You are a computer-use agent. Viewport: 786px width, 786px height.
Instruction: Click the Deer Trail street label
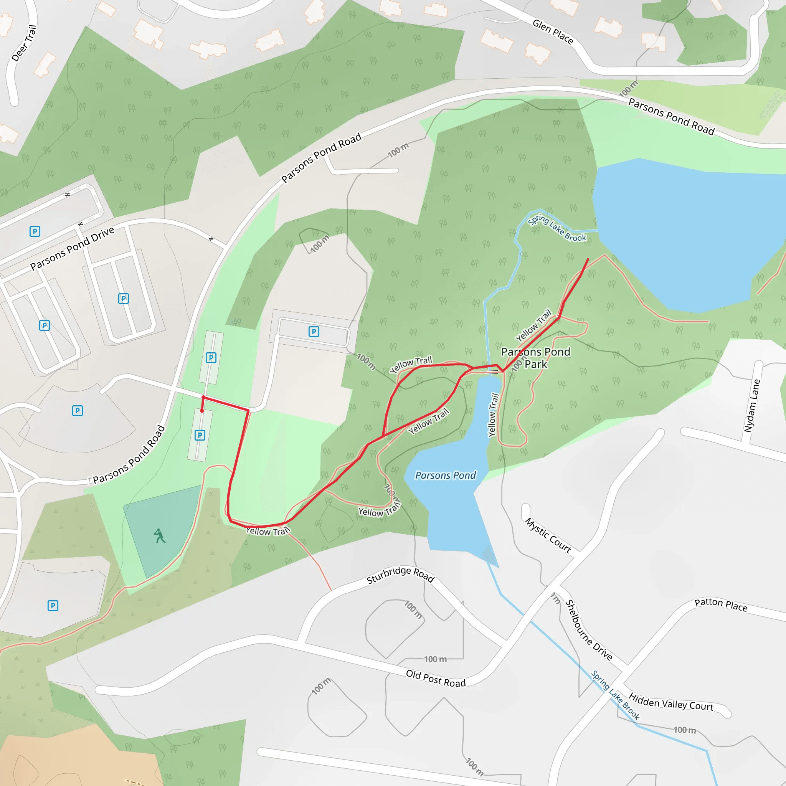click(x=24, y=43)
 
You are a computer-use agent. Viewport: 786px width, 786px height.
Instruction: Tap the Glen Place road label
click(x=553, y=32)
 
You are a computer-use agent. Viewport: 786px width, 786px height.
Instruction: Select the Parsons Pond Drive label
click(x=73, y=248)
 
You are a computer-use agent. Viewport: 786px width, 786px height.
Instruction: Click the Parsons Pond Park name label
click(x=535, y=358)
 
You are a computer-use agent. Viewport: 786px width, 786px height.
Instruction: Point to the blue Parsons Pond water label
click(x=445, y=475)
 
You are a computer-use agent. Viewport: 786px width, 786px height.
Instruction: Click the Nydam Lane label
click(x=751, y=406)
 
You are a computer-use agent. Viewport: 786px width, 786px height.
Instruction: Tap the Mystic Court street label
click(x=548, y=535)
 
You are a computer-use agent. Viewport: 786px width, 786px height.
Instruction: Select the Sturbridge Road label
click(x=400, y=575)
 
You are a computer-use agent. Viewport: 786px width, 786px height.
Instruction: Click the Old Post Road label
click(x=436, y=679)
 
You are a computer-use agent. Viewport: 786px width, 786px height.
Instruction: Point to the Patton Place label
click(x=720, y=605)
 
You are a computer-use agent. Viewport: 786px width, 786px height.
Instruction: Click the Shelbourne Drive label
click(x=589, y=630)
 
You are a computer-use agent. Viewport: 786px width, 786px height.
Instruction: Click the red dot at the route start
click(x=202, y=411)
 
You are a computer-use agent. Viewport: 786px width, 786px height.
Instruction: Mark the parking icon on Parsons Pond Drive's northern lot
click(x=35, y=231)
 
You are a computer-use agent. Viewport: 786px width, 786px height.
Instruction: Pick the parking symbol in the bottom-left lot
click(x=53, y=606)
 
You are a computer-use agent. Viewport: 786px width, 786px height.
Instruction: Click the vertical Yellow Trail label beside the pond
click(x=493, y=414)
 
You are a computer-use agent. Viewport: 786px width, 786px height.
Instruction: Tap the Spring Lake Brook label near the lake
click(x=556, y=228)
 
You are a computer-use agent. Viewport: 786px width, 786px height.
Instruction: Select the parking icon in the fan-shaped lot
click(x=77, y=411)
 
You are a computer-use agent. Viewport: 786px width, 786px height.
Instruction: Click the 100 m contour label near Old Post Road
click(x=435, y=659)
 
